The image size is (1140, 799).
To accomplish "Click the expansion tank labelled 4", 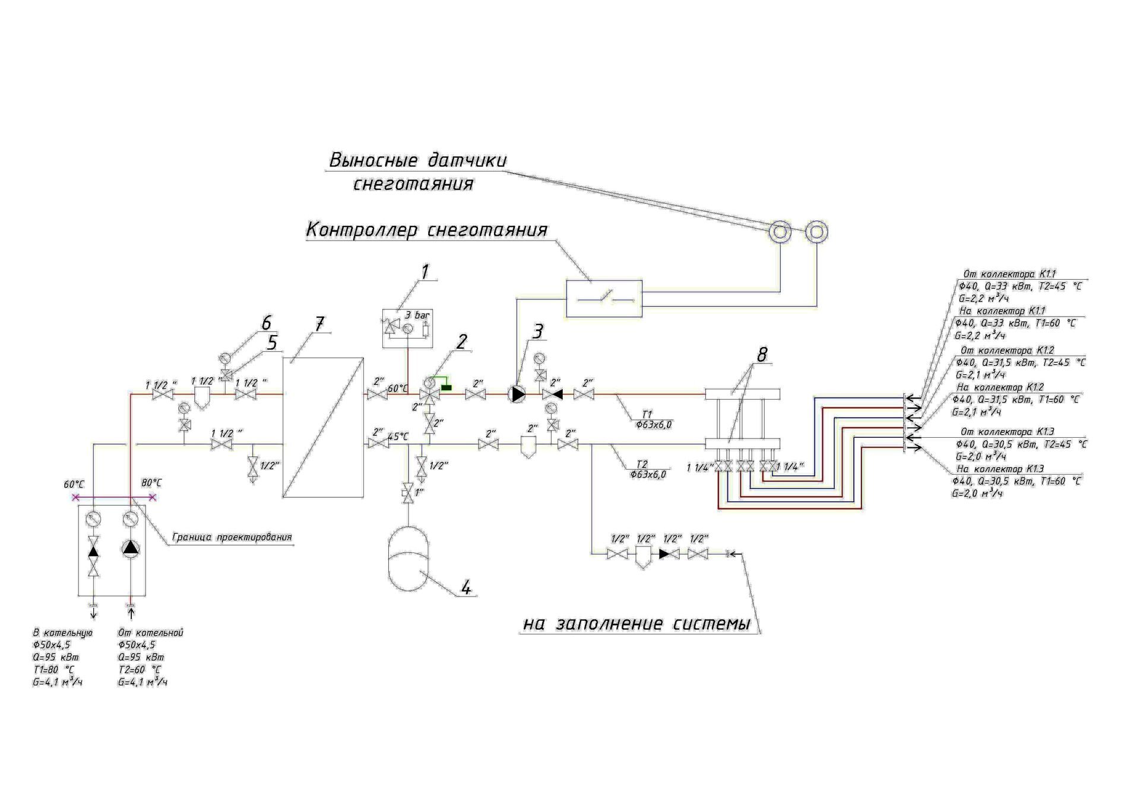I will tap(408, 558).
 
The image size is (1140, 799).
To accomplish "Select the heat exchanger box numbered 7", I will tap(322, 427).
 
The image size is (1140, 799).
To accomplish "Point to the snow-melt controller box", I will tap(603, 298).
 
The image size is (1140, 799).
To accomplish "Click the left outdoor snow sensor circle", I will tap(780, 232).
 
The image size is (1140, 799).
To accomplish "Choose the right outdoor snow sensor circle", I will tap(816, 232).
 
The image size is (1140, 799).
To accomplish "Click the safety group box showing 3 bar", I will tap(407, 328).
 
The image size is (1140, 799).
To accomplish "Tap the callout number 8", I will tap(761, 355).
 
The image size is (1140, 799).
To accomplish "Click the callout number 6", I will tap(267, 323).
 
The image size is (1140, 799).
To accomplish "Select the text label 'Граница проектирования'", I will tap(232, 537).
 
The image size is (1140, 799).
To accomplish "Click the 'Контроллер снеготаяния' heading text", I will tap(426, 230).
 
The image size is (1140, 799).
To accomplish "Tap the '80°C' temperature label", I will tap(151, 483).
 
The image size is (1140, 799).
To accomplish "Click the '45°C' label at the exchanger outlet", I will tap(398, 437).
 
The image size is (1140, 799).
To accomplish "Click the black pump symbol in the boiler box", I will tap(130, 548).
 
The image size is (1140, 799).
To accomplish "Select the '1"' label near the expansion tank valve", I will tap(419, 492).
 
